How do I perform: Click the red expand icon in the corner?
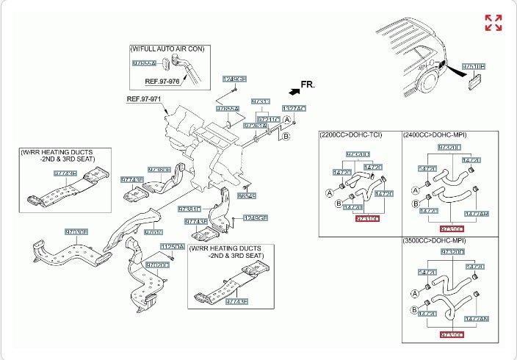tap(493, 23)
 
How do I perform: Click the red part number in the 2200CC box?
tap(366, 218)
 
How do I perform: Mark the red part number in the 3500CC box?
tap(450, 334)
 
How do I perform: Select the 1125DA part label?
tap(173, 248)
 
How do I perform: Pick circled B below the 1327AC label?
tap(287, 137)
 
